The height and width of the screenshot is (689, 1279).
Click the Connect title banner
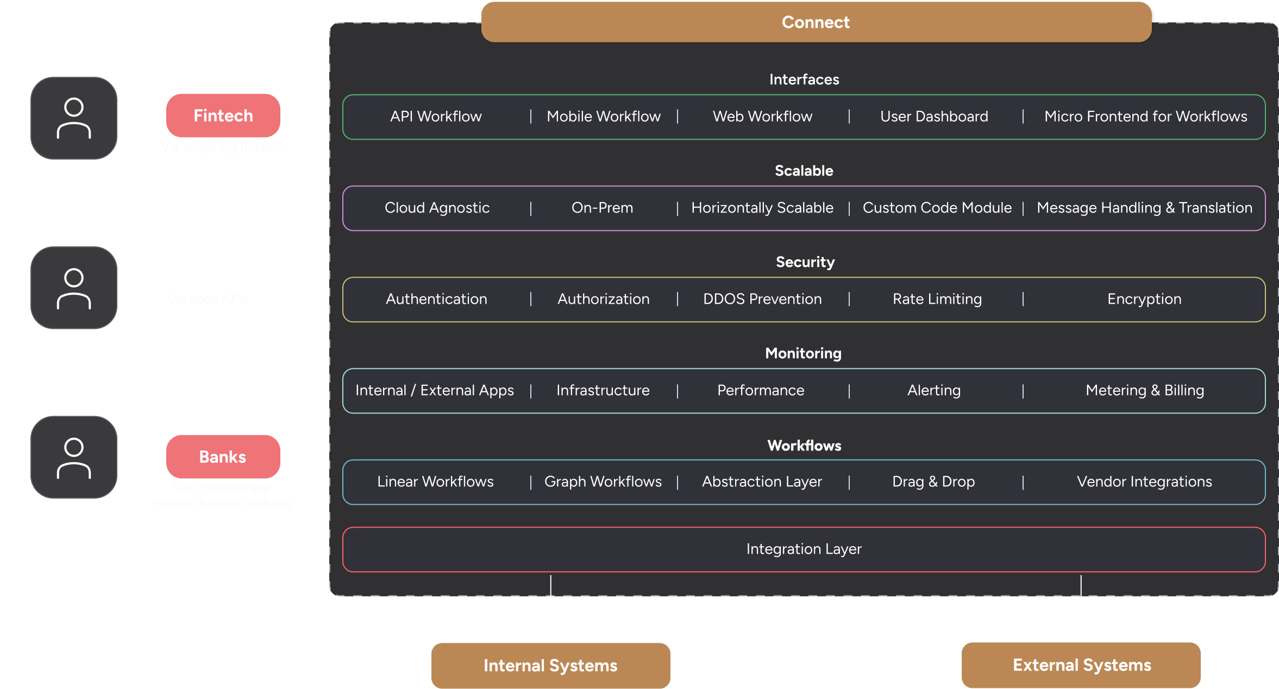tap(816, 22)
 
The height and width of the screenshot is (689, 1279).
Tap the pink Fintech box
tap(223, 116)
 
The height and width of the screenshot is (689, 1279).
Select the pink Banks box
tap(223, 457)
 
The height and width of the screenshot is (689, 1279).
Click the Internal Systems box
tap(550, 665)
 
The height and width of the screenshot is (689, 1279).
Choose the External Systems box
tap(1081, 665)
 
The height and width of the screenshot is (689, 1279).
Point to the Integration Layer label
tap(804, 549)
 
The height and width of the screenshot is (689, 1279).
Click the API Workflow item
tap(436, 116)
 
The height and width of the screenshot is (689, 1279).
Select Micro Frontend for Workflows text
tap(1145, 116)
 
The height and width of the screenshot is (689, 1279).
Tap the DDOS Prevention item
tap(762, 299)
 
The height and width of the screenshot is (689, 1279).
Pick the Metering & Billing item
tap(1145, 390)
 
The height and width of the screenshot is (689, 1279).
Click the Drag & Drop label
tap(933, 481)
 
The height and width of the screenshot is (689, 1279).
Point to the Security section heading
tap(805, 262)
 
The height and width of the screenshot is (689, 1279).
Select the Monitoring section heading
tap(803, 353)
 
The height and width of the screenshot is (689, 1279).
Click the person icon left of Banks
tap(74, 458)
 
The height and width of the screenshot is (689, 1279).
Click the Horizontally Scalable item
tap(762, 208)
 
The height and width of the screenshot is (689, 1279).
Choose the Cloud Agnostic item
tap(437, 208)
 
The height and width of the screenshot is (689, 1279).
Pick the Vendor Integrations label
tap(1144, 481)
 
